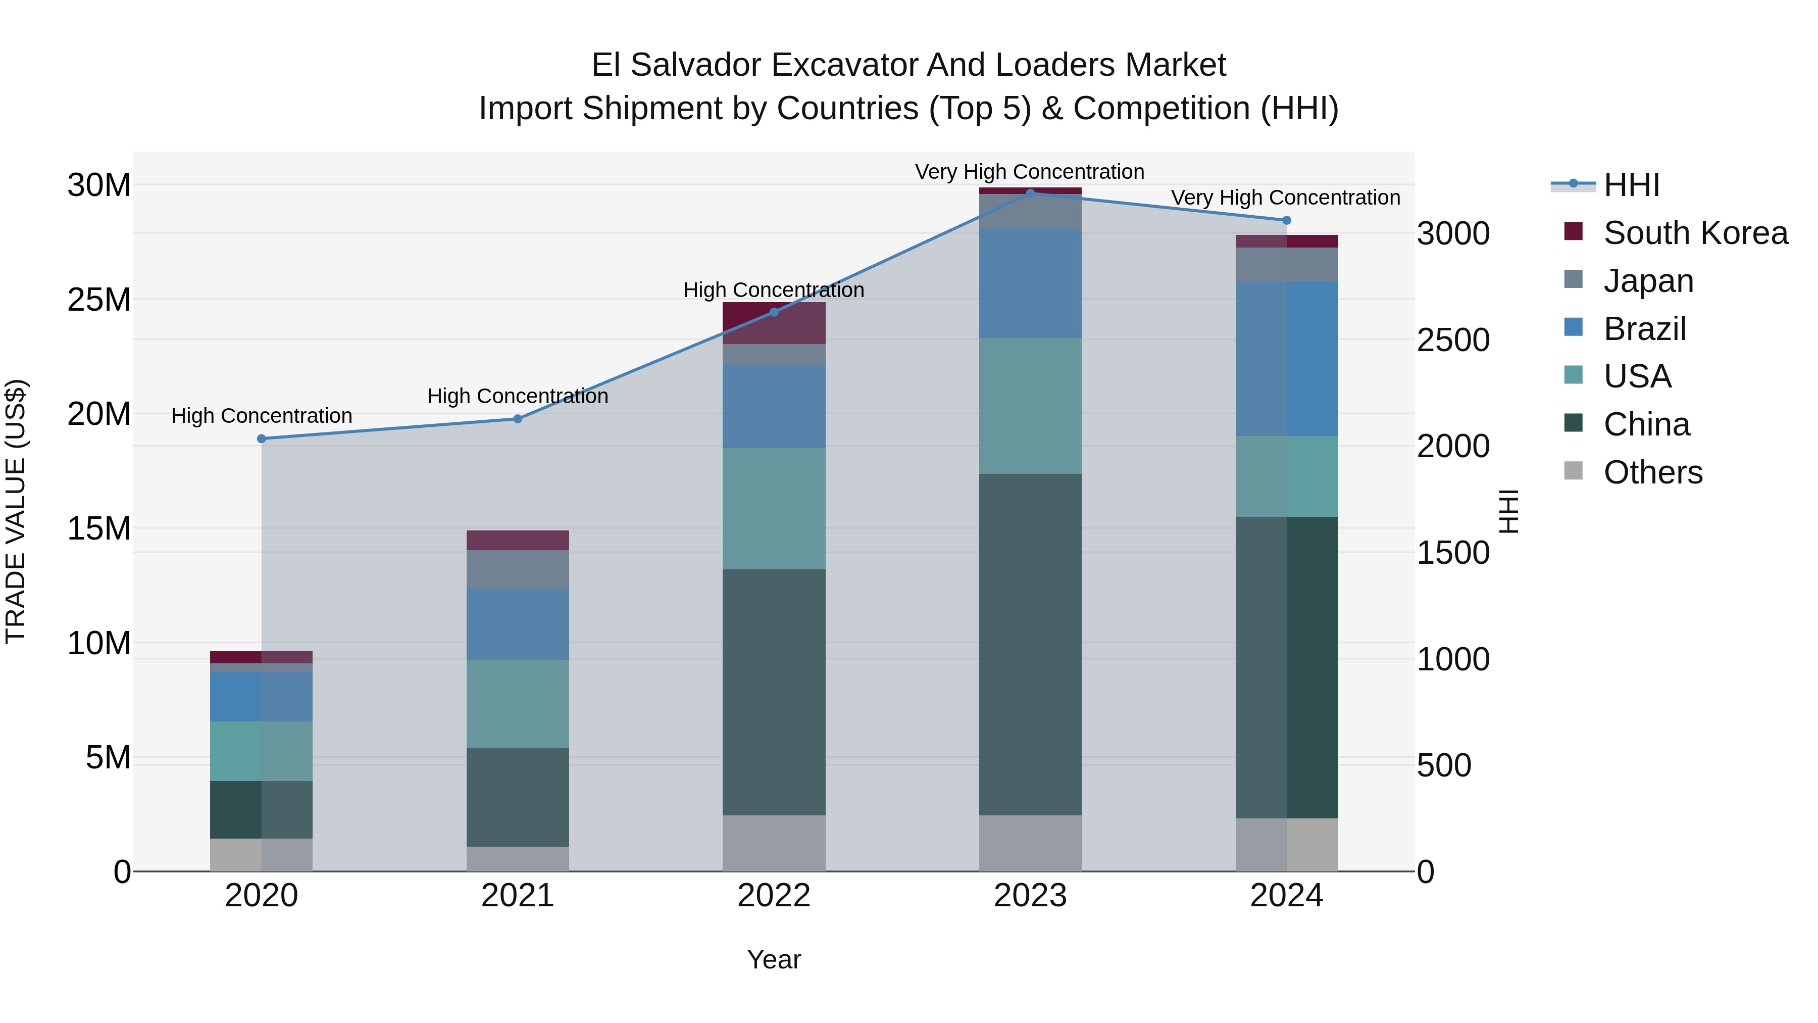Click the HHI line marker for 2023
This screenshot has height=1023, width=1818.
[1030, 193]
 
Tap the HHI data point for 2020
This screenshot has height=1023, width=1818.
[262, 439]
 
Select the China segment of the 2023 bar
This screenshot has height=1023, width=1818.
[1030, 644]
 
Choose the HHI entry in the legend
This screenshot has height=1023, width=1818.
[1631, 185]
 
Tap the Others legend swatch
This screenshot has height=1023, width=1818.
[1573, 471]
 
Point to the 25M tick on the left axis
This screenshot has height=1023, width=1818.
[99, 300]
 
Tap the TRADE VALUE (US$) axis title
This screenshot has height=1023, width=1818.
[16, 511]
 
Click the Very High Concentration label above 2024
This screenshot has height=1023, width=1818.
[1285, 198]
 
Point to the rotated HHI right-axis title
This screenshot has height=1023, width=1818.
[1509, 511]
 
